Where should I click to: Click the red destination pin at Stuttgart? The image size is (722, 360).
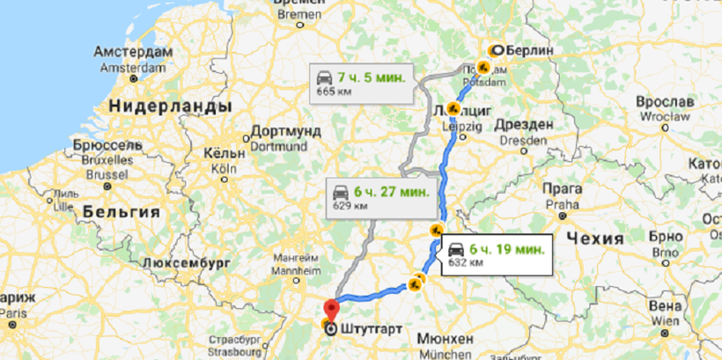click(x=331, y=311)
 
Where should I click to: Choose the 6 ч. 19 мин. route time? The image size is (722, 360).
click(x=508, y=247)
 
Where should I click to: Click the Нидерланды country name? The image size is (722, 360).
click(x=169, y=106)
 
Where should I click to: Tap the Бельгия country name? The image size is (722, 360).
click(x=121, y=212)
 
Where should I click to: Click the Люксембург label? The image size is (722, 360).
click(x=185, y=262)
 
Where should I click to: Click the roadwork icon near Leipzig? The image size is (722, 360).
click(x=453, y=109)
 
